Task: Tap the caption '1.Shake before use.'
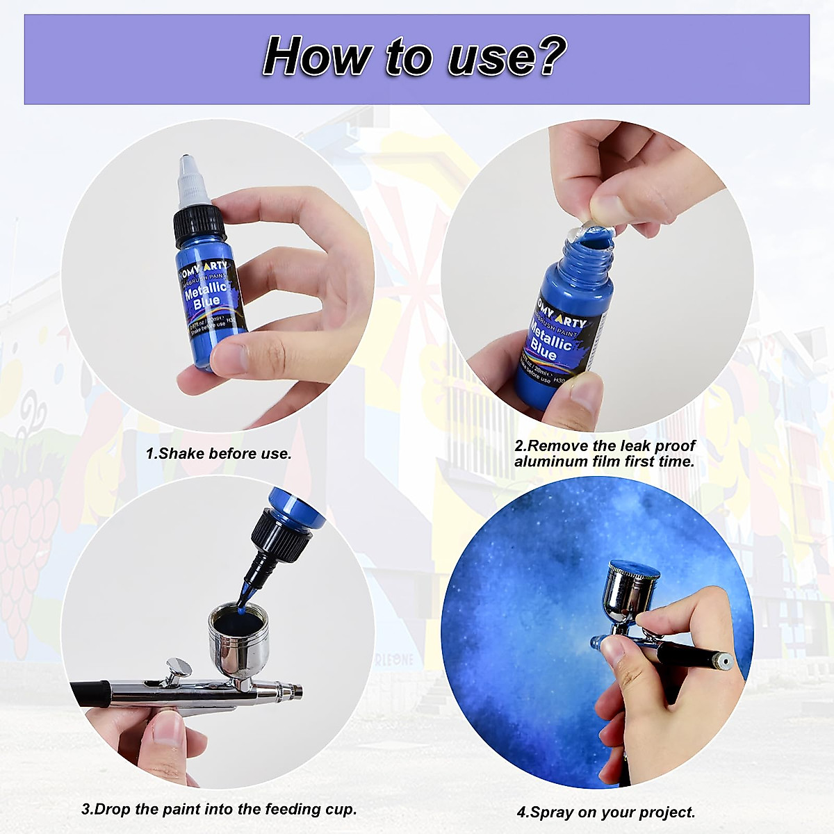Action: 218,454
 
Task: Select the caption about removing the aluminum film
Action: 605,454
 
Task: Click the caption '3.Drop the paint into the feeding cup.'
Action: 219,809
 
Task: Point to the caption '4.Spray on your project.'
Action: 606,812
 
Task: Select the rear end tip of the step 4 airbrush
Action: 724,660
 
